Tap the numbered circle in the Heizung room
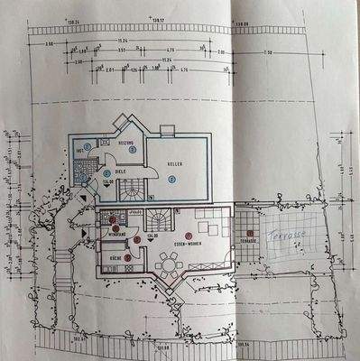click(x=132, y=150)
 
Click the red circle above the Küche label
click(x=127, y=257)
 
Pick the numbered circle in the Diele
click(x=106, y=171)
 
